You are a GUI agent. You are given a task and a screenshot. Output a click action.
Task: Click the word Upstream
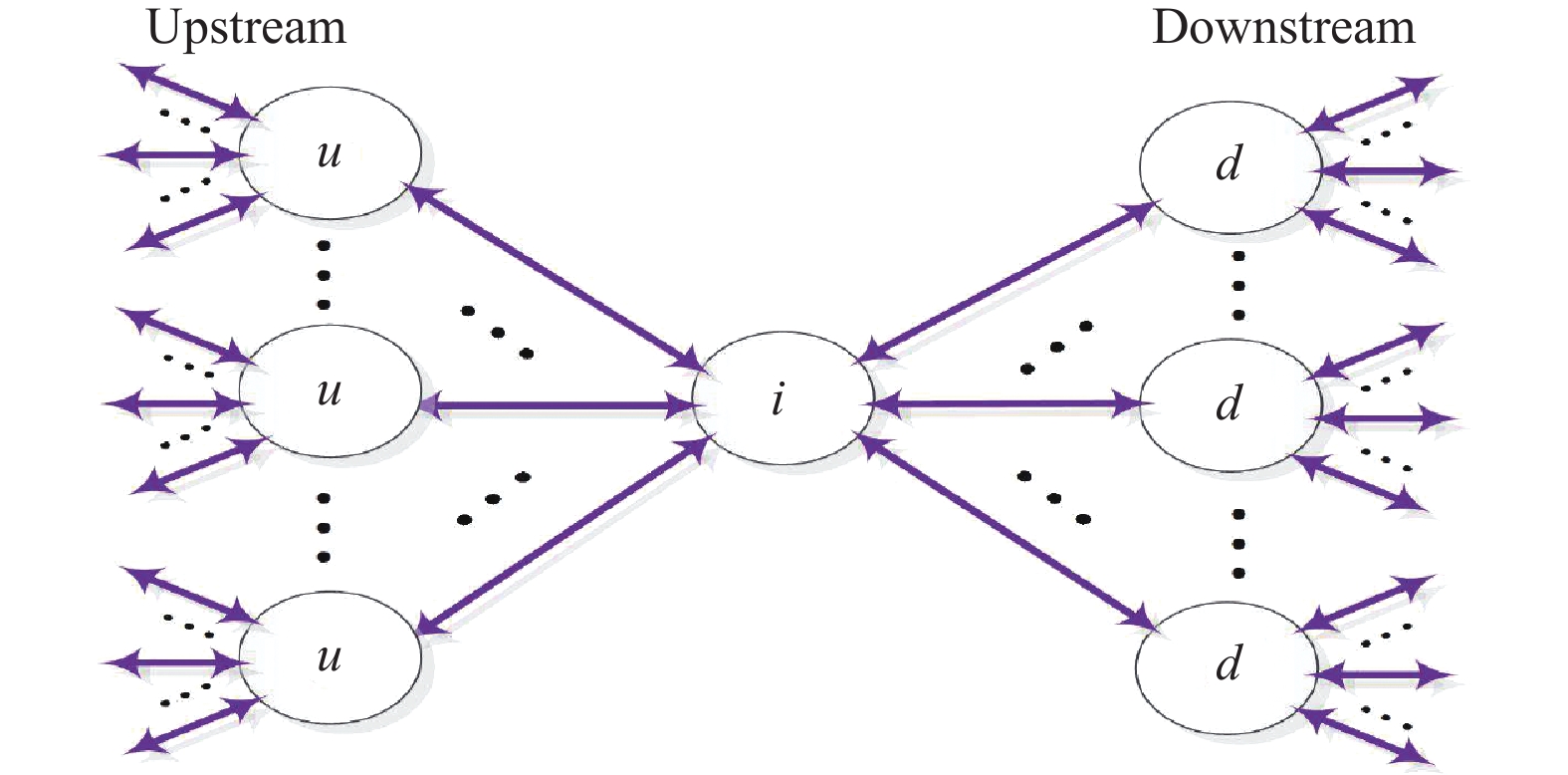coord(246,27)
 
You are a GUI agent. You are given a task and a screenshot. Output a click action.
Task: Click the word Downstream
coord(1282,27)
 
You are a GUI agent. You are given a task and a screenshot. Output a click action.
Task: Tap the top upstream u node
coord(330,153)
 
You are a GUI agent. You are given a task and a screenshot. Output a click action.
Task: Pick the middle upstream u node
coord(330,391)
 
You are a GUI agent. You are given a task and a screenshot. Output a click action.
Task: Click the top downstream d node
coord(1230,165)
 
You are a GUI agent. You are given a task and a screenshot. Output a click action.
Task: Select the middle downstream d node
coord(1230,403)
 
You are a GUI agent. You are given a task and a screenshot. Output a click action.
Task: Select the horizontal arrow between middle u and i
coord(558,405)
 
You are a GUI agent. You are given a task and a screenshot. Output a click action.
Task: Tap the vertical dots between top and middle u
coord(324,274)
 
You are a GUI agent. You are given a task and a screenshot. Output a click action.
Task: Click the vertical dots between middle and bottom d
coord(1238,544)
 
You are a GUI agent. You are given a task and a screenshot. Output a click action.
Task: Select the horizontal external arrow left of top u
coord(174,155)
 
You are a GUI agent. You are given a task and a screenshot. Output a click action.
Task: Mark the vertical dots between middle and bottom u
coord(324,527)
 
